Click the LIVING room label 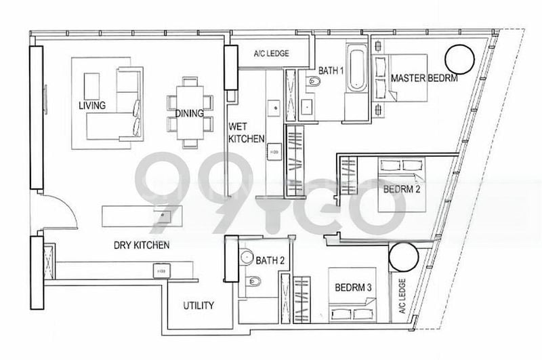pyautogui.click(x=91, y=106)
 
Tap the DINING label pyautogui.click(x=189, y=114)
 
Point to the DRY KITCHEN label pyautogui.click(x=141, y=245)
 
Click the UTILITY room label pyautogui.click(x=199, y=306)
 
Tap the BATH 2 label pyautogui.click(x=269, y=260)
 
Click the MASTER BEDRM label pyautogui.click(x=424, y=79)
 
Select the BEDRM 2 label pyautogui.click(x=402, y=189)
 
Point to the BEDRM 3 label pyautogui.click(x=353, y=287)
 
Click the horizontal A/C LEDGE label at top pyautogui.click(x=272, y=54)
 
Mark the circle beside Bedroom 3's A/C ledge pyautogui.click(x=409, y=258)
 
